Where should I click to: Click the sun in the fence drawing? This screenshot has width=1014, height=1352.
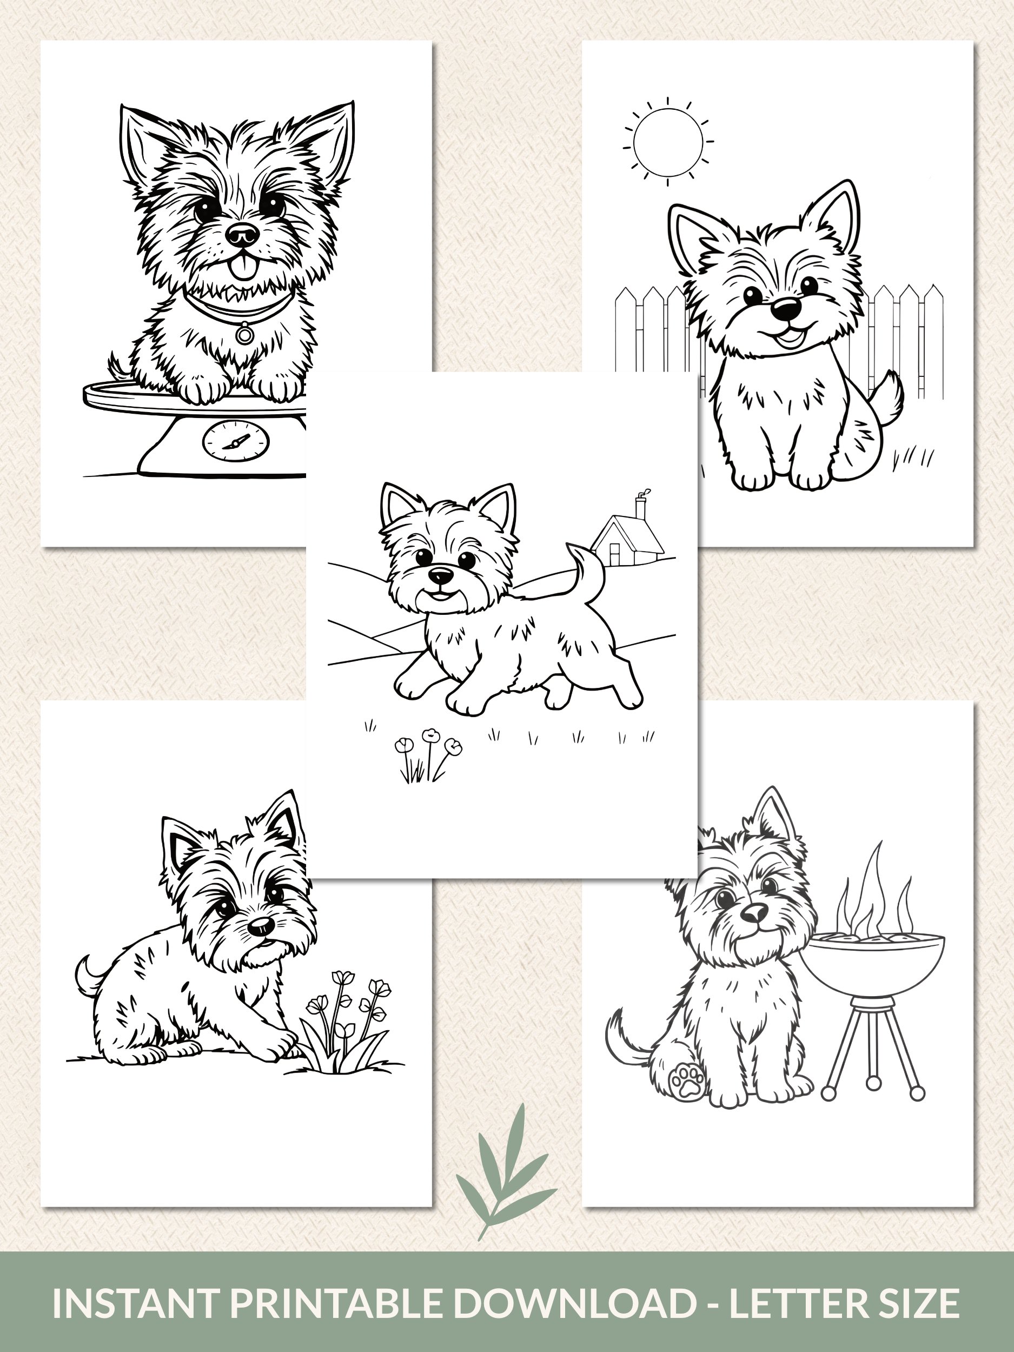click(668, 141)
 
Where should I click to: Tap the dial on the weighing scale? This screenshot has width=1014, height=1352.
click(235, 441)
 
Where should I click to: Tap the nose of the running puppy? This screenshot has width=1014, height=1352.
click(441, 574)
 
